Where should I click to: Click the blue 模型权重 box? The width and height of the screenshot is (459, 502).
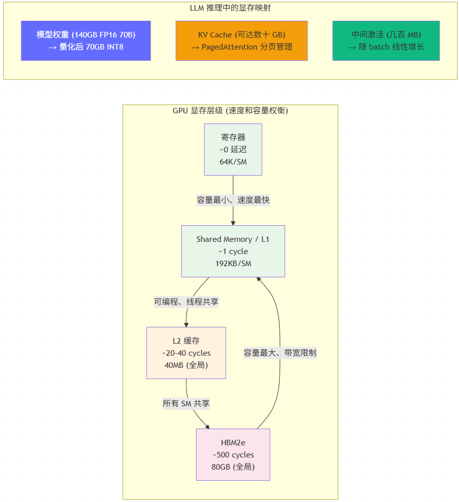(86, 40)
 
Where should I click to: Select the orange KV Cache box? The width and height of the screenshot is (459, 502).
(242, 40)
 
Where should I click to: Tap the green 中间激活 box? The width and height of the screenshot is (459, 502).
(386, 40)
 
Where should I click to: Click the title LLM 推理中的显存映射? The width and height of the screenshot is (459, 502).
(230, 8)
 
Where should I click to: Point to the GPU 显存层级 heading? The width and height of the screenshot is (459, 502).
(230, 110)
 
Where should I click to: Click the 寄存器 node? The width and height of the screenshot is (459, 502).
(233, 149)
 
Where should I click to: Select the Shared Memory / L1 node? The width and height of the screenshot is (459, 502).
(233, 252)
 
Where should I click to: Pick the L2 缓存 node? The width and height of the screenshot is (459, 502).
(186, 353)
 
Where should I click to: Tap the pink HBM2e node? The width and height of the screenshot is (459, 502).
(233, 454)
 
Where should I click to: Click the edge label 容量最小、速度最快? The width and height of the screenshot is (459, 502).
(233, 200)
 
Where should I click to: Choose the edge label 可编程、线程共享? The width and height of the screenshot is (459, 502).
(186, 302)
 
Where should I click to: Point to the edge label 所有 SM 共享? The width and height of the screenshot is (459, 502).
(186, 403)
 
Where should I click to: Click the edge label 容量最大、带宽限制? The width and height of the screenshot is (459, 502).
(280, 353)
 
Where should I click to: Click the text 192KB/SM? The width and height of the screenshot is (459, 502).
(233, 264)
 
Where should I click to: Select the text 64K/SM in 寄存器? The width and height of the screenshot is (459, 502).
(233, 161)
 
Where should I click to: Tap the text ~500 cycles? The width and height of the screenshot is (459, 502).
(233, 454)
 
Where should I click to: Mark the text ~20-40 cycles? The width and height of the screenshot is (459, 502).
(186, 353)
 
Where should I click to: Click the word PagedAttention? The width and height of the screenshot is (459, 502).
(230, 47)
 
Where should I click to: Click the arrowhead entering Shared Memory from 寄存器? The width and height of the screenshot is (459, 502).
(233, 223)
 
